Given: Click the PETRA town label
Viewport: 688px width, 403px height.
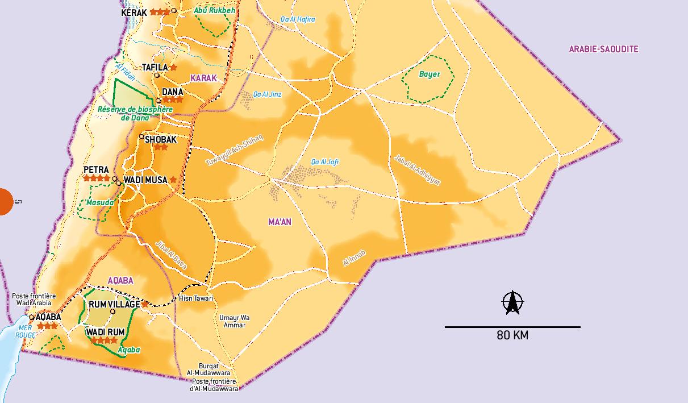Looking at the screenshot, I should pos(96,170).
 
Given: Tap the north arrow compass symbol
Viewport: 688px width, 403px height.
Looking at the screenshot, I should pos(512,302).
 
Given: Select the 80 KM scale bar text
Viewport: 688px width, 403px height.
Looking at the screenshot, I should pos(512,335).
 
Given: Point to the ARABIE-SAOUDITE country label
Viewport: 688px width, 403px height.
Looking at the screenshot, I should pos(603,49).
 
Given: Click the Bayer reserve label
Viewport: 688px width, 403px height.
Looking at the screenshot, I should pos(430,74).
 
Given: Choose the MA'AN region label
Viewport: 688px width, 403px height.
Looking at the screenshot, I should pos(280,222).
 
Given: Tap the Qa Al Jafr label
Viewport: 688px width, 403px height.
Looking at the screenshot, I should pos(325,162).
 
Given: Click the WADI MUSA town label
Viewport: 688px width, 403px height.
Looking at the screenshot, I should pos(145,180).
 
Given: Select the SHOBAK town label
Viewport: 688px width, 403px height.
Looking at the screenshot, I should pos(161,139).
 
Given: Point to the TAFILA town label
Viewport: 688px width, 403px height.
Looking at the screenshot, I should pos(155,68).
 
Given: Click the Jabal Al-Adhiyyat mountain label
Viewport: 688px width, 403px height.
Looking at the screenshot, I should pos(417,170).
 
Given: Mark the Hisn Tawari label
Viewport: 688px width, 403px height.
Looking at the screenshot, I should pos(196,298).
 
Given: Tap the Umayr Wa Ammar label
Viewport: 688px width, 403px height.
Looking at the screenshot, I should pos(234,321).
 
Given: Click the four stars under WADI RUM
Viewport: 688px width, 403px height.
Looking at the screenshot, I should pos(105,340).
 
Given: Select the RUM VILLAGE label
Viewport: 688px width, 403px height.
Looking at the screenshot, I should pos(114,305).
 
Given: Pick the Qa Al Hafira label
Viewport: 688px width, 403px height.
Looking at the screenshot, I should pos(298,19).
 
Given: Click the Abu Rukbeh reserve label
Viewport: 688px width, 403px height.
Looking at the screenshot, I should pos(214,10).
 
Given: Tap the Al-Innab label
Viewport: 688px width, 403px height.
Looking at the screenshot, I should pos(355,258).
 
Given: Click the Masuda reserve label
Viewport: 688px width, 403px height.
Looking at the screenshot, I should pos(100,202).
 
